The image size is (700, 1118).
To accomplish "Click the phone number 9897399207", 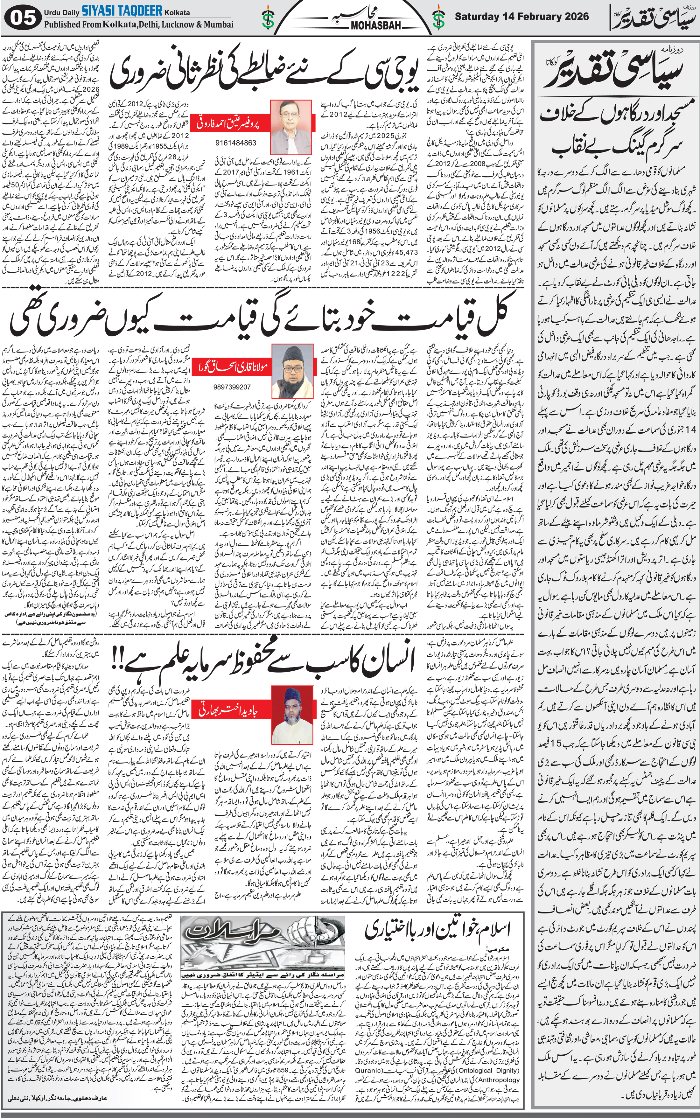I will pyautogui.click(x=232, y=387).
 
